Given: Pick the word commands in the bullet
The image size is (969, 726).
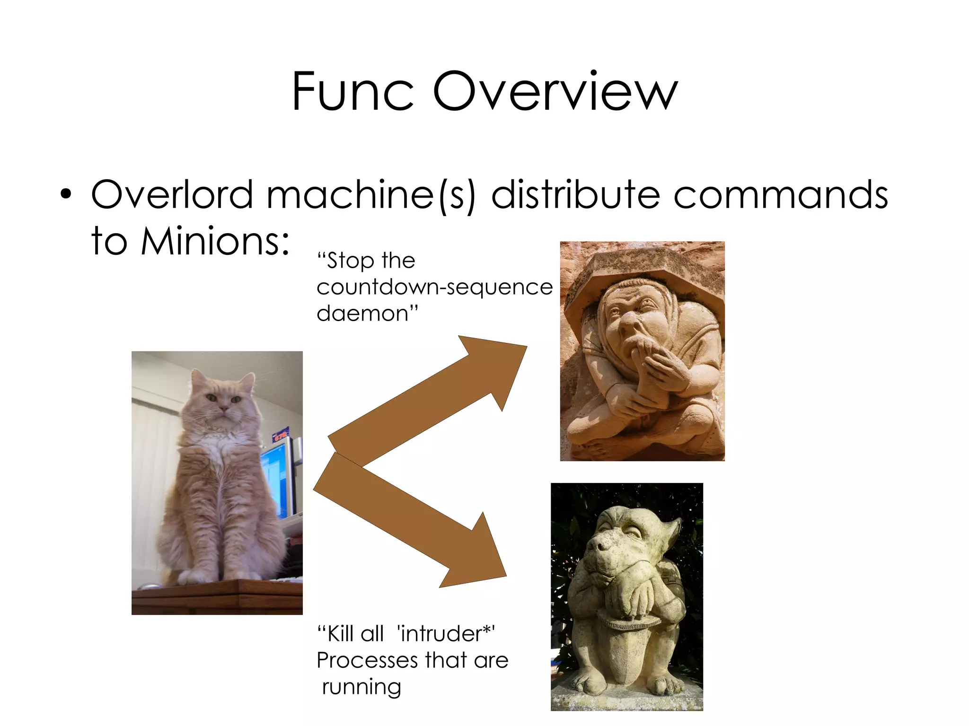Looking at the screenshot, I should [x=780, y=194].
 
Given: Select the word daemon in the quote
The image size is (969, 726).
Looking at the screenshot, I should [x=367, y=313].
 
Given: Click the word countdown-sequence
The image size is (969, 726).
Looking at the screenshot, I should [x=434, y=287].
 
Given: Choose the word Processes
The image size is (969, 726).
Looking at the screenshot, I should [x=367, y=660].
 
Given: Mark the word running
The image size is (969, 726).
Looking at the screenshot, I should [x=361, y=687].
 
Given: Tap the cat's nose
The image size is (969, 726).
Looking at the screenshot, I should [x=223, y=407].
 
